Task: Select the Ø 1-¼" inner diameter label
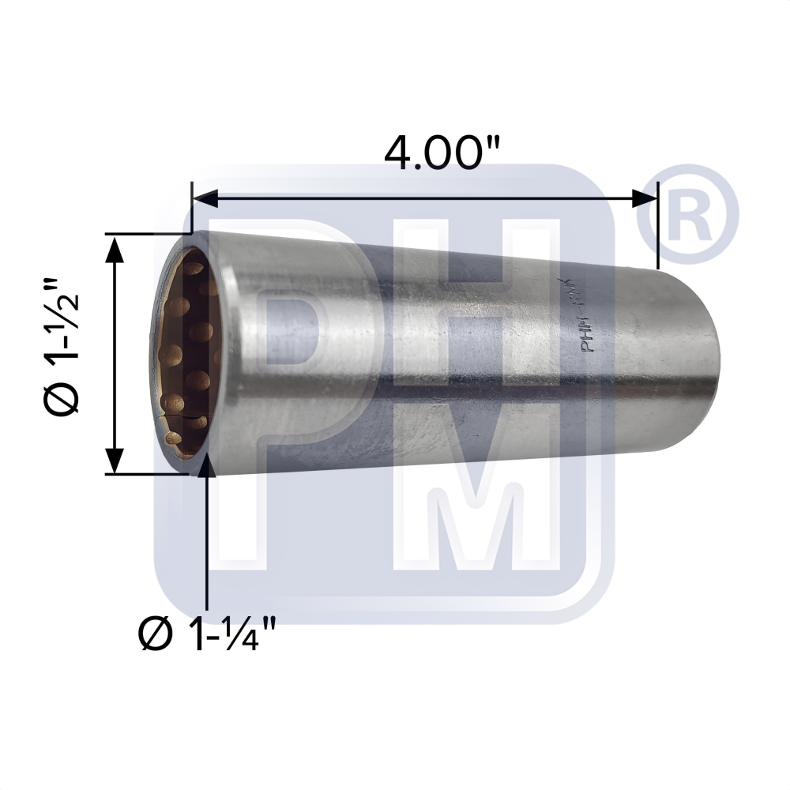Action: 207,634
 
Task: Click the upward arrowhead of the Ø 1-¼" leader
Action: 207,466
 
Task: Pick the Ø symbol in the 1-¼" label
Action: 156,634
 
